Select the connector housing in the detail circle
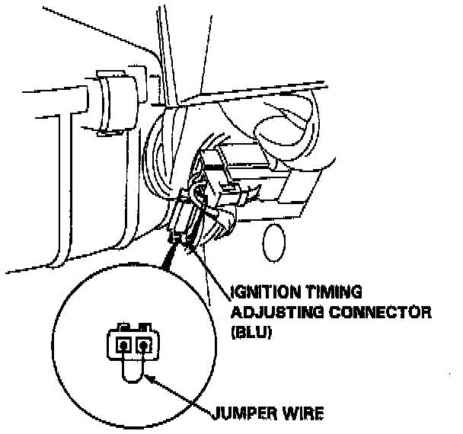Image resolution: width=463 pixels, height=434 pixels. [133, 343]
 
